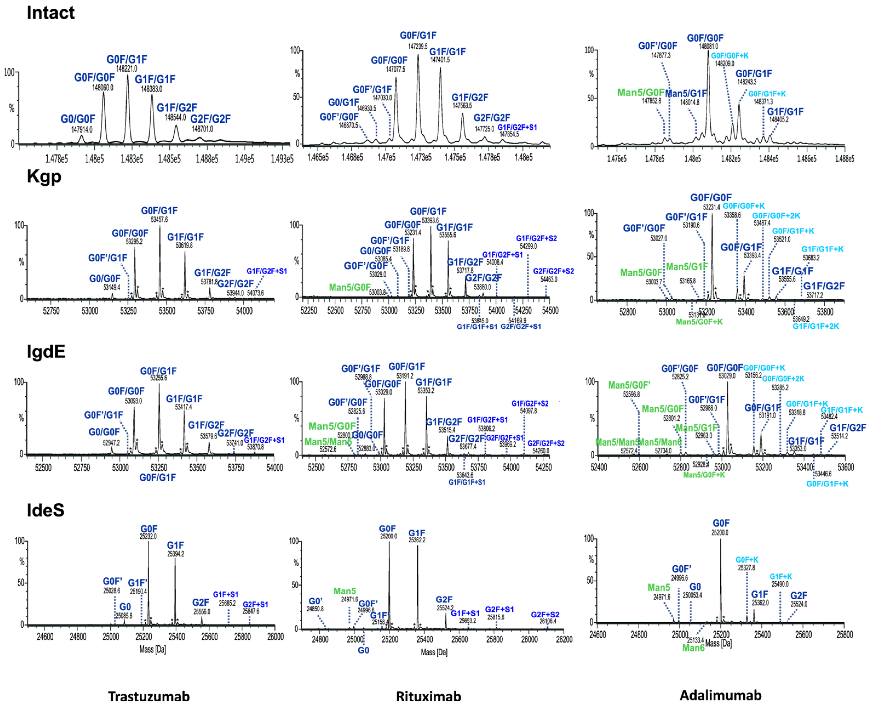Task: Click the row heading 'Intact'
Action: click(x=50, y=13)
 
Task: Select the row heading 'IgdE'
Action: click(x=46, y=352)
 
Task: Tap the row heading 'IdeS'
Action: click(x=45, y=510)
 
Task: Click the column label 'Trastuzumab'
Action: click(x=149, y=696)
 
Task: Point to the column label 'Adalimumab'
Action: click(x=720, y=695)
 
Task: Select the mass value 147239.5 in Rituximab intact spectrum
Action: click(x=418, y=47)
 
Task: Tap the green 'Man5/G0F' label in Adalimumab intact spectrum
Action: click(x=641, y=92)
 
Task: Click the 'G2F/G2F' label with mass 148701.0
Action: click(x=210, y=119)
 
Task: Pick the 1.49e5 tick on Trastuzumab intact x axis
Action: click(x=244, y=159)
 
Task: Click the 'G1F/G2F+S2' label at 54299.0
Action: click(x=536, y=238)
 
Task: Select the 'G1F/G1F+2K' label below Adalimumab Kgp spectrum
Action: click(x=815, y=326)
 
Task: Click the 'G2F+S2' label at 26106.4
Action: click(x=545, y=615)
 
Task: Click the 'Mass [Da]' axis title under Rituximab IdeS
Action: click(x=434, y=652)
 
